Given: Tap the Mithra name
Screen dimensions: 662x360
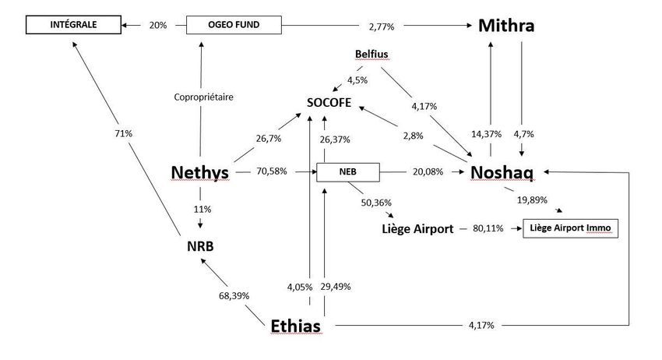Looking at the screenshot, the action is pos(506,26).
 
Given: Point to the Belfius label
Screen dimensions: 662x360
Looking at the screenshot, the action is pos(371,54).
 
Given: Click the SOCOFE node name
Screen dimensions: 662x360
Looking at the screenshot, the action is pos(329,103).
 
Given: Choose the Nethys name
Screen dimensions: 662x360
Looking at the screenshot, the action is pos(199,172).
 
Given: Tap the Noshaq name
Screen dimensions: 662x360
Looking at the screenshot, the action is pos(502,172).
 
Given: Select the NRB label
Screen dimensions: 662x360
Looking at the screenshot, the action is pos(200,246).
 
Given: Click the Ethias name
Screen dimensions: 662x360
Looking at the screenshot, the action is pos(295,326).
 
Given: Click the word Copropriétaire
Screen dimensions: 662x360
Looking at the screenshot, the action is pos(203,97).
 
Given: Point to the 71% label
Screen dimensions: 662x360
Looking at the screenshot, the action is pos(123,133).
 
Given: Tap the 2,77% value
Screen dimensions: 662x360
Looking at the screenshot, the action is pos(382,26).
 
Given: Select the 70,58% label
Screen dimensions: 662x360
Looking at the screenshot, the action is pos(272,171).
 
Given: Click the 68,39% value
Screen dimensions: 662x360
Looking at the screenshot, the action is pos(234,296).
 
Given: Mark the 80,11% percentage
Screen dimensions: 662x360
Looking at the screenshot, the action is pos(488,228).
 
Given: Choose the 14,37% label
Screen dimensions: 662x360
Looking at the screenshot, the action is pos(486,134).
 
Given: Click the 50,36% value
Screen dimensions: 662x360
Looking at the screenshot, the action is pos(376,203).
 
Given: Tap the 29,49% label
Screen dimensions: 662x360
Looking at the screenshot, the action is pos(336,287).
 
